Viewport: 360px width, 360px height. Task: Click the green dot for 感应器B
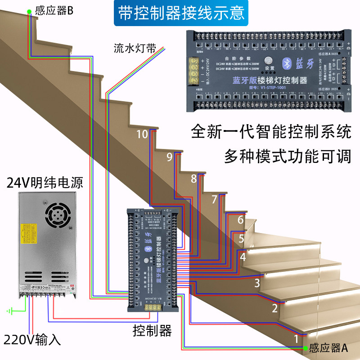coord(29,10)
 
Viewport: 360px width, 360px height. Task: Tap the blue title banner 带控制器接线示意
coord(180,13)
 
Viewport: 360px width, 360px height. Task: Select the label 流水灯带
coord(135,49)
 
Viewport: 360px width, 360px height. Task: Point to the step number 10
coord(142,134)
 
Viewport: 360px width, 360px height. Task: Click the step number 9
coord(169,157)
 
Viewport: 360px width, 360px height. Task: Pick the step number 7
coord(214,199)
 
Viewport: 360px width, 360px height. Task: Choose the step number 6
coord(241,220)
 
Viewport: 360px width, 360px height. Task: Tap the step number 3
coord(257,283)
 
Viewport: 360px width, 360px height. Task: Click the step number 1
coord(296,337)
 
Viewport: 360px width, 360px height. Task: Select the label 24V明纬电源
coord(45,183)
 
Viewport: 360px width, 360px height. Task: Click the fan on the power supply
coord(58,216)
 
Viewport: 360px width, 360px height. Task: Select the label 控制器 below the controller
coord(153,332)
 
